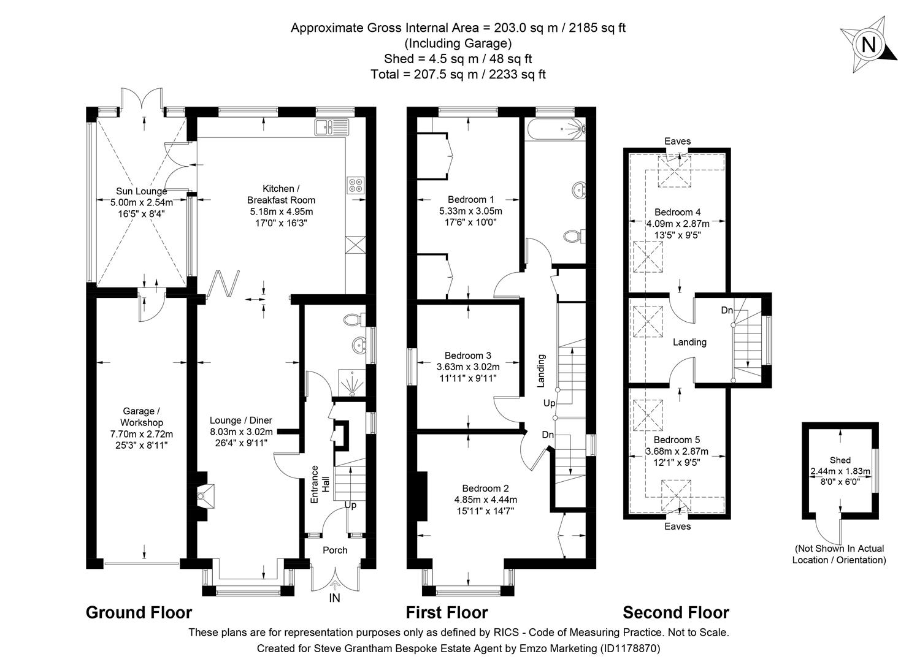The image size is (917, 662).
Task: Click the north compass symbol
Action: pyautogui.click(x=869, y=44)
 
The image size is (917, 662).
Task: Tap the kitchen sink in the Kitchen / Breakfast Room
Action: pyautogui.click(x=331, y=127)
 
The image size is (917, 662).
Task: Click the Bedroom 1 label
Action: pyautogui.click(x=470, y=199)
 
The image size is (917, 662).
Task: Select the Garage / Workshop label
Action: pyautogui.click(x=142, y=417)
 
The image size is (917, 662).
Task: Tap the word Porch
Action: pyautogui.click(x=335, y=550)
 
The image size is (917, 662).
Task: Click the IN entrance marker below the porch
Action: pyautogui.click(x=335, y=598)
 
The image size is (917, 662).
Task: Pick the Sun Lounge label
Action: pyautogui.click(x=141, y=191)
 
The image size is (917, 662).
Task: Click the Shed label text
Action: pyautogui.click(x=840, y=460)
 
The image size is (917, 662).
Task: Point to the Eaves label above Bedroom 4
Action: pyautogui.click(x=677, y=141)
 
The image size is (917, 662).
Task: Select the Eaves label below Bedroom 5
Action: pyautogui.click(x=677, y=527)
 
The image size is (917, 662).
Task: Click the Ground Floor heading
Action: pyautogui.click(x=139, y=612)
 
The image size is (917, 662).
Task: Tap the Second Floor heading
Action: pyautogui.click(x=676, y=612)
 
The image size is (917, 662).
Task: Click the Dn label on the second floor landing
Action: pyautogui.click(x=727, y=310)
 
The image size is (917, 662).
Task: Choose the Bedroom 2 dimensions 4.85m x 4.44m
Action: pyautogui.click(x=485, y=499)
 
